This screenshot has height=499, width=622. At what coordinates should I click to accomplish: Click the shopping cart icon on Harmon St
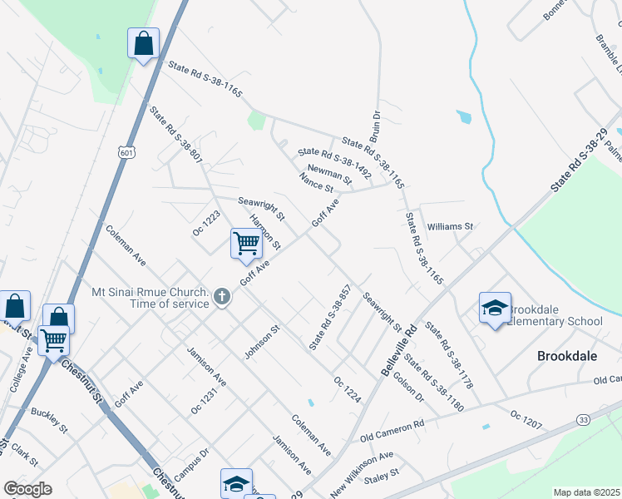point(247,243)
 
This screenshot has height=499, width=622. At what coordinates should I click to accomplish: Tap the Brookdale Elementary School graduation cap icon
point(495,308)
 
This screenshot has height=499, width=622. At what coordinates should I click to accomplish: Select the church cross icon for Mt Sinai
point(222,296)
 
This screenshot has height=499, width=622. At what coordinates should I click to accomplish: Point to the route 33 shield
point(584,421)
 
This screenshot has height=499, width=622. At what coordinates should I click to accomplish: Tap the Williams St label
point(449,226)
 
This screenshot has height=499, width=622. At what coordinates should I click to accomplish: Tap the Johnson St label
point(263,341)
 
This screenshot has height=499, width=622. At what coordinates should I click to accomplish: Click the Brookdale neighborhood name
point(566,355)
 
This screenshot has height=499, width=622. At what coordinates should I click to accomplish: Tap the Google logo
point(27,489)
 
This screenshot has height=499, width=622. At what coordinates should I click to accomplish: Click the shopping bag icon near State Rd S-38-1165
point(143,43)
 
